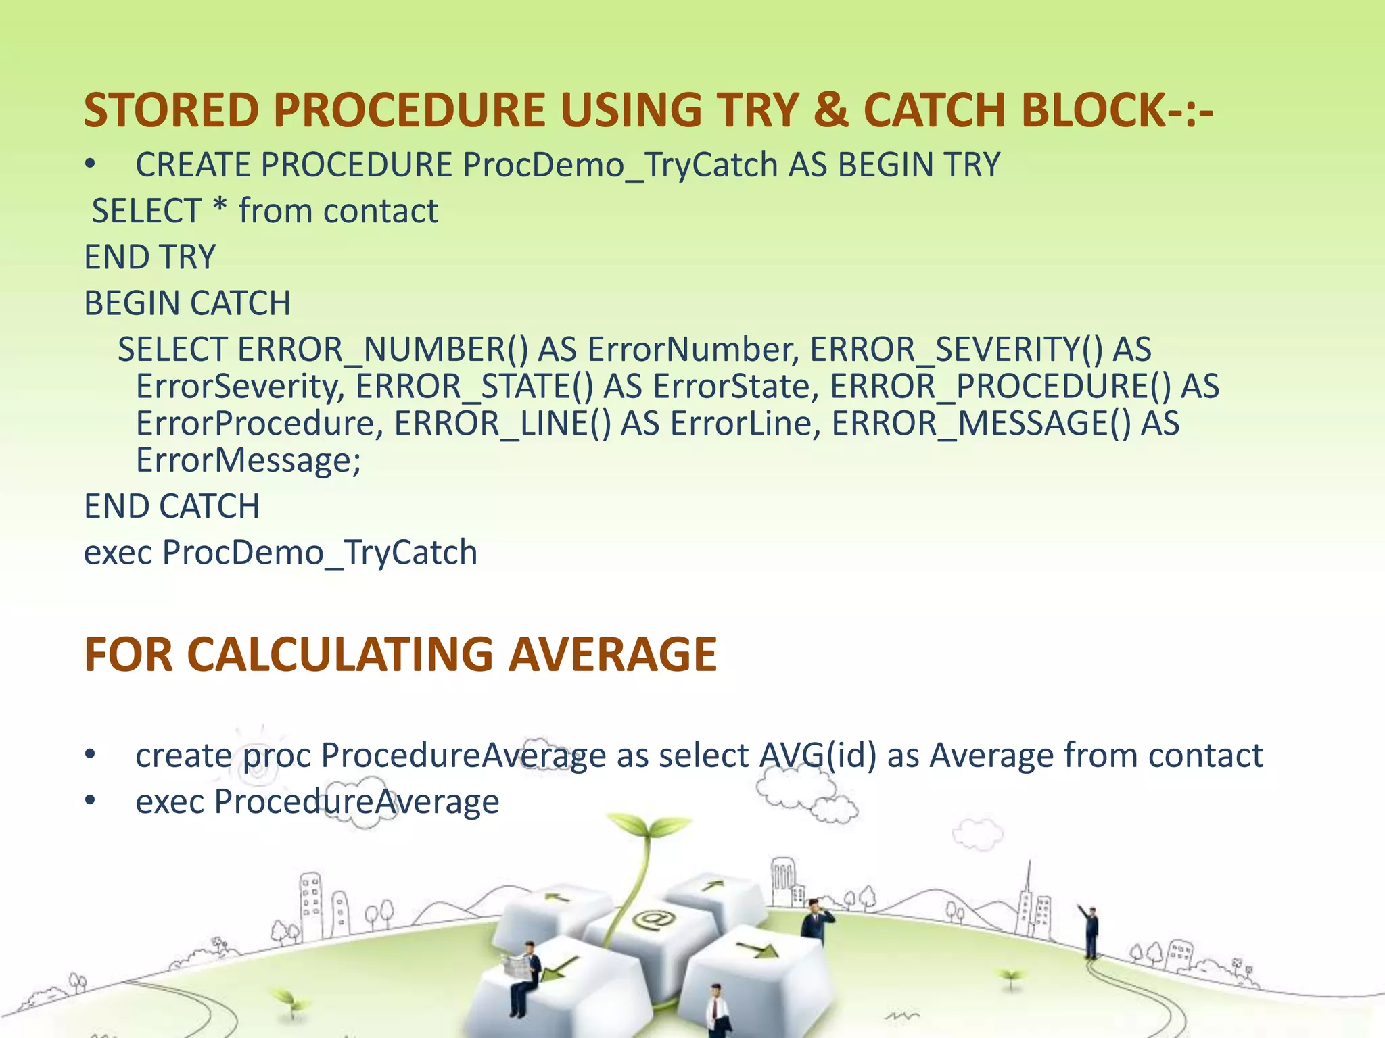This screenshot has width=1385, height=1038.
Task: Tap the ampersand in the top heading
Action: click(x=831, y=110)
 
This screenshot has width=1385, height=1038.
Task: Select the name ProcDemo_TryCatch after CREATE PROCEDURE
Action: click(x=620, y=166)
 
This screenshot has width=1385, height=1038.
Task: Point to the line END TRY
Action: click(x=149, y=257)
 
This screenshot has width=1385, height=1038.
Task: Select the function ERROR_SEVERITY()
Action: click(x=956, y=350)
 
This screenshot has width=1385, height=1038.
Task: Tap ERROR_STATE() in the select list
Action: click(x=474, y=387)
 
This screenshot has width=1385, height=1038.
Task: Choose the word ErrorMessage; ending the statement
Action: click(x=248, y=462)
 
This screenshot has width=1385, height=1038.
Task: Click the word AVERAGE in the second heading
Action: click(x=612, y=655)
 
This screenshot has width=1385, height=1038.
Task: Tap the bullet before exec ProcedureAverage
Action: click(x=91, y=801)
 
